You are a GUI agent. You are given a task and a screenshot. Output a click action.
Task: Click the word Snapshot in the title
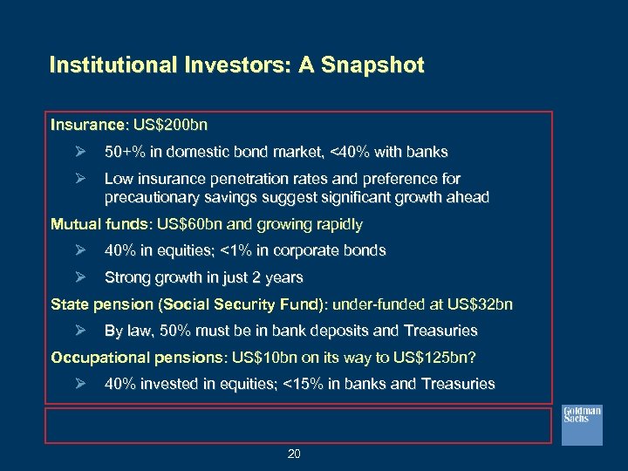(x=373, y=65)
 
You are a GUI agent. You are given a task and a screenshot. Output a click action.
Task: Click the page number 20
(x=295, y=454)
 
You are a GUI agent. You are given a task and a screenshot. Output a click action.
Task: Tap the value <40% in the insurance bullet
(x=350, y=153)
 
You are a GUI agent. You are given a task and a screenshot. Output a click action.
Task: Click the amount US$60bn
(x=185, y=224)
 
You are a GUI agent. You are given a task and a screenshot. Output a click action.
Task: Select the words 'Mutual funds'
(x=99, y=224)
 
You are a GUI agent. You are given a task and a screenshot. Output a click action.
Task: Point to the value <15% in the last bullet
(x=299, y=385)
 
